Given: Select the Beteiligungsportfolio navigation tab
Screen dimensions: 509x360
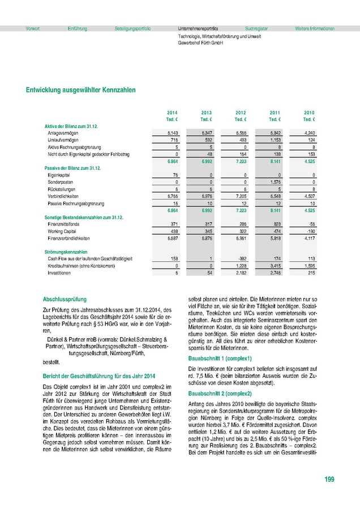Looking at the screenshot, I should (x=132, y=28).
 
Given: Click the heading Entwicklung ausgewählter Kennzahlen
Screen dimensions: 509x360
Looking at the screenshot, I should (x=80, y=89).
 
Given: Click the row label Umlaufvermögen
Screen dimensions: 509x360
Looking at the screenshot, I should (x=63, y=139).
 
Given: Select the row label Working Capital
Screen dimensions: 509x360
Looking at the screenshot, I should (x=62, y=232).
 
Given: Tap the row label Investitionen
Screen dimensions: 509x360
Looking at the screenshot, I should (x=59, y=273).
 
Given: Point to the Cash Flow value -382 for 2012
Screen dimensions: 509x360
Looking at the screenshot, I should (x=242, y=259).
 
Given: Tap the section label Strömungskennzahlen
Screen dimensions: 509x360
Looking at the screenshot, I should (x=66, y=252).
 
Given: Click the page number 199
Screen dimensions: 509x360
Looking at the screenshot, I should (x=329, y=480).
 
